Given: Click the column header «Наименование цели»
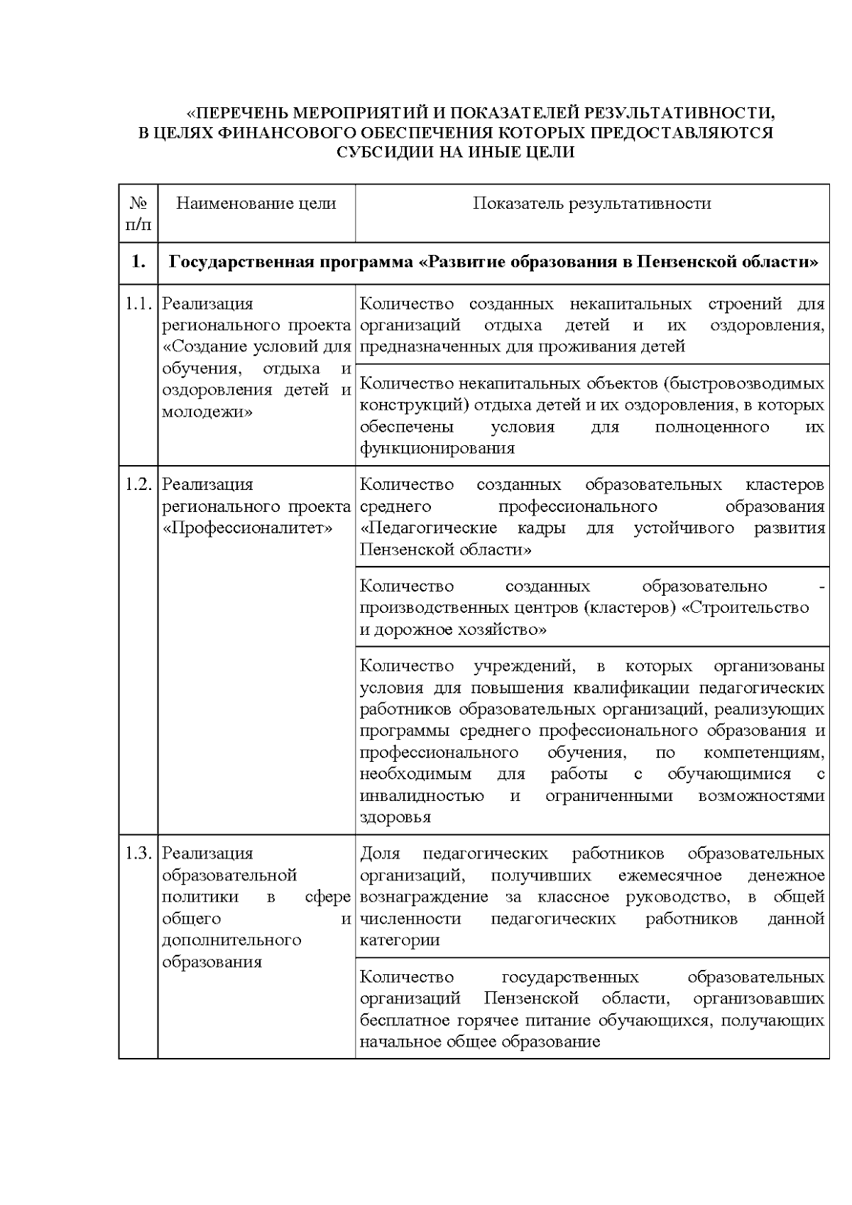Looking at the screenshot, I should tap(256, 204).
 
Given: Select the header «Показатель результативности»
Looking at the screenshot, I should tap(592, 204).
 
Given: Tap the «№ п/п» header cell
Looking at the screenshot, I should tap(138, 214).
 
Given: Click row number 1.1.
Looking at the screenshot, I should tap(138, 304).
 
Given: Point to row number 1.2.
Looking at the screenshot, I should tap(138, 484).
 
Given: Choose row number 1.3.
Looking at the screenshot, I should tap(138, 854).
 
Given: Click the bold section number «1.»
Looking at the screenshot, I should tap(138, 262).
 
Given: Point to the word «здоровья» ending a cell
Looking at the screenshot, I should tap(395, 817).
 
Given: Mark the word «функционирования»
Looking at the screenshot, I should tap(437, 449).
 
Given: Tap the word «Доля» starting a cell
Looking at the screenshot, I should tap(381, 854).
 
